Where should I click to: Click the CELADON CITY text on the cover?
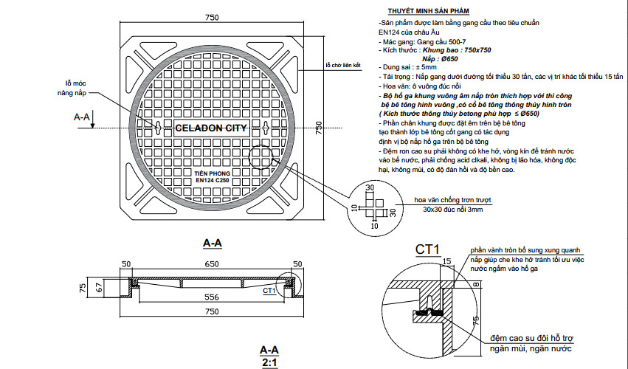211,128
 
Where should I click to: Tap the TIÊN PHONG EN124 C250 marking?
211,176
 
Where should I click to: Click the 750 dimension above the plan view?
212,17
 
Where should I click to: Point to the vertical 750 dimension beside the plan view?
320,127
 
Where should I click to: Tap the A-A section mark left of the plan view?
82,117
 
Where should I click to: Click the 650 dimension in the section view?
212,263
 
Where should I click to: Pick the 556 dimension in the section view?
212,296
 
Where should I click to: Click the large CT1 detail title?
427,248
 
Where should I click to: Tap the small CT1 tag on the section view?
269,291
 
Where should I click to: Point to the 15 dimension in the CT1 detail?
446,261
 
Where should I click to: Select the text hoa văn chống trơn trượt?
452,199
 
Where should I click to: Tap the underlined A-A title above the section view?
213,242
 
